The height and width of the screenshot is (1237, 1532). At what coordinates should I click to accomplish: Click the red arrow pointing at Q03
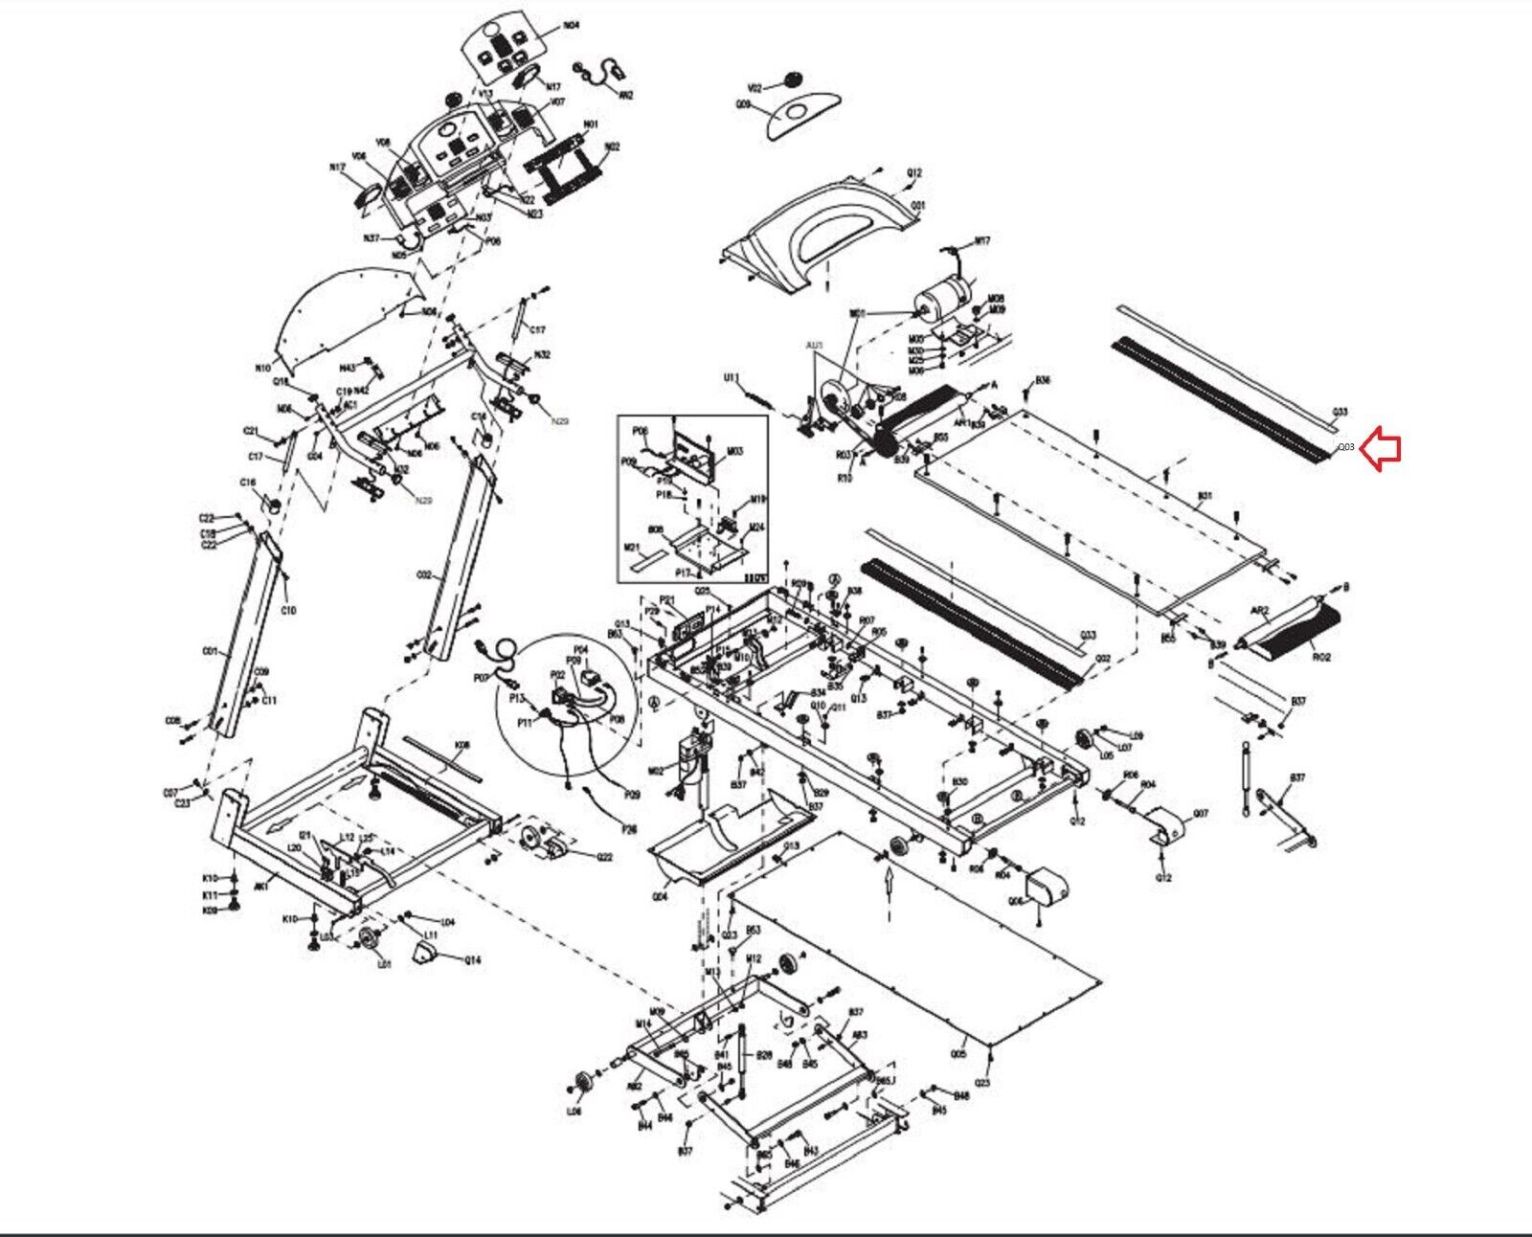click(1383, 448)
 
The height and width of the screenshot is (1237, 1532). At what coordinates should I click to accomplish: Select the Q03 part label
click(1346, 447)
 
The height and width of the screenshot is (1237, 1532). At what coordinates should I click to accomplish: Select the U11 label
click(730, 378)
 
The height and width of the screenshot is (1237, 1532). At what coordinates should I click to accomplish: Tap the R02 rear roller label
click(1321, 658)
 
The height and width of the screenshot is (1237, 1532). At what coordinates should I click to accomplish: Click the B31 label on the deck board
click(1205, 496)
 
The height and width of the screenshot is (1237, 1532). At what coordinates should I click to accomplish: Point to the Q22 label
click(604, 857)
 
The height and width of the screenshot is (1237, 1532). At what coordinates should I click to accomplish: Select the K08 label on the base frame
click(462, 743)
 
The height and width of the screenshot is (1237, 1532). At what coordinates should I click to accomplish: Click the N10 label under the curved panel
click(262, 367)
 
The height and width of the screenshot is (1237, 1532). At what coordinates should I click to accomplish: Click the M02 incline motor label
click(656, 770)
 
